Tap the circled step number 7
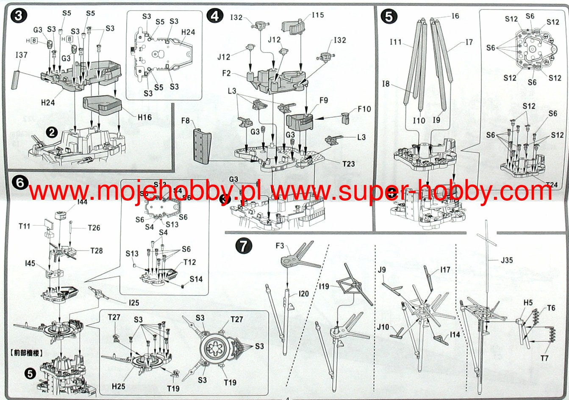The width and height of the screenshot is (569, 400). (243, 246)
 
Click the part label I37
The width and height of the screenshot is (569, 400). (22, 55)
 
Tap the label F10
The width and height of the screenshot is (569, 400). (364, 109)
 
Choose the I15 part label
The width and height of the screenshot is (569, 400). (317, 15)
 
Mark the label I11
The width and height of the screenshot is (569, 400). (396, 41)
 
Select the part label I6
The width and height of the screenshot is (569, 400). (455, 16)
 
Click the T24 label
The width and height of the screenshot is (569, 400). (552, 184)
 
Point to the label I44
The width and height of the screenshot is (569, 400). (82, 202)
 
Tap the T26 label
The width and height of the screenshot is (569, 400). (94, 228)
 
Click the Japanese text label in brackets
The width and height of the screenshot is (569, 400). (25, 352)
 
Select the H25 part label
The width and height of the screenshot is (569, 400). (119, 386)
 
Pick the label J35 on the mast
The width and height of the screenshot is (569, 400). (507, 260)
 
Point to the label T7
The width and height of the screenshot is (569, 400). (544, 358)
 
